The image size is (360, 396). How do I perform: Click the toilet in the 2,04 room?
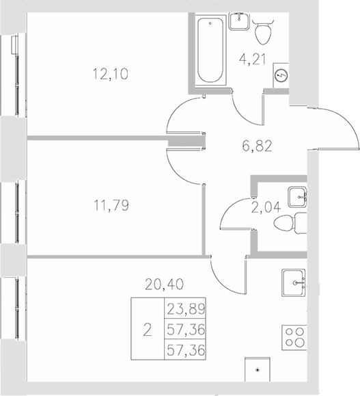pos(295,222)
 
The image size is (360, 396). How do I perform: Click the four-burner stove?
pos(295,338)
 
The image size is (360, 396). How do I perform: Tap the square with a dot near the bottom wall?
pos(257,370)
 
